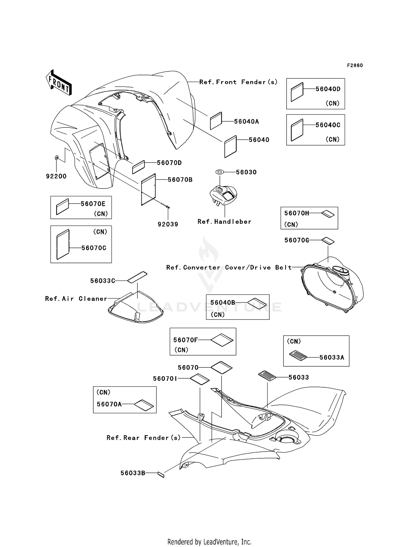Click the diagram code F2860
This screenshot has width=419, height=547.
355,66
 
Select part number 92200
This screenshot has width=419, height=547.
56,176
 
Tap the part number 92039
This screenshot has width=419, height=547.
168,224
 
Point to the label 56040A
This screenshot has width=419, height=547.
246,122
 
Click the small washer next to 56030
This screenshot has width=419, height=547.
220,172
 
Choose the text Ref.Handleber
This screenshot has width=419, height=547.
224,222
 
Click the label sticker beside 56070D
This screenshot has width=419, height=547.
138,167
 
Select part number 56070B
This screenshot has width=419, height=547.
180,180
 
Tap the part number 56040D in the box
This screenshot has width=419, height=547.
328,89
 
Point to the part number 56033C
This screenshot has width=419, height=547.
103,281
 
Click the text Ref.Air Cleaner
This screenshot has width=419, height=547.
76,299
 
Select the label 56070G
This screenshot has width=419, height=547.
297,240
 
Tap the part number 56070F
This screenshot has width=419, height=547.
185,340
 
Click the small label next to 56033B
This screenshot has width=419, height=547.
161,474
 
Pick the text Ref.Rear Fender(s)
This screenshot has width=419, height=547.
144,438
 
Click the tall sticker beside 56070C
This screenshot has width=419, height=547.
63,245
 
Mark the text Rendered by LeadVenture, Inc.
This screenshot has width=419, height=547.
209,542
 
